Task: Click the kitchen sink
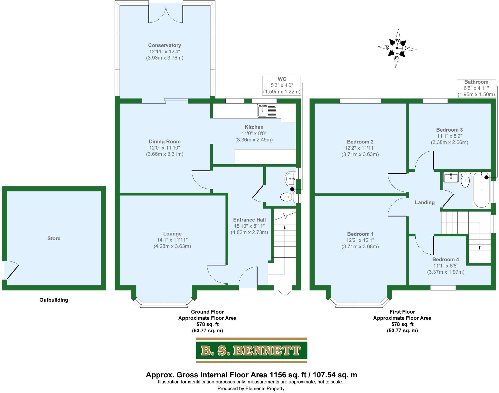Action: [x=267, y=110]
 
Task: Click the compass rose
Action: [x=397, y=48]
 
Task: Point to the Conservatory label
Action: [x=164, y=45]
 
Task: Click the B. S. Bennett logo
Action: [x=251, y=350]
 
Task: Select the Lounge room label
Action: [x=172, y=234]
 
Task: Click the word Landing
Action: [x=425, y=202]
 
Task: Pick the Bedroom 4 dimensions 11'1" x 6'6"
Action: [x=446, y=266]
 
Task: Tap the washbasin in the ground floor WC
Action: [x=290, y=178]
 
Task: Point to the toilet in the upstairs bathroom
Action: [x=465, y=180]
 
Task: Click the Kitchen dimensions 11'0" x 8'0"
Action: [x=254, y=134]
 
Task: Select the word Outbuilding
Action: [x=54, y=300]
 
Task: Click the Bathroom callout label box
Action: [x=476, y=88]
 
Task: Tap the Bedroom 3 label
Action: [x=449, y=130]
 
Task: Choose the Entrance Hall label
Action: [x=249, y=220]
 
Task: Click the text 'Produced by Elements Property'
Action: [x=251, y=389]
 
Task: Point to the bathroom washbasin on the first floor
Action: [x=451, y=177]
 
